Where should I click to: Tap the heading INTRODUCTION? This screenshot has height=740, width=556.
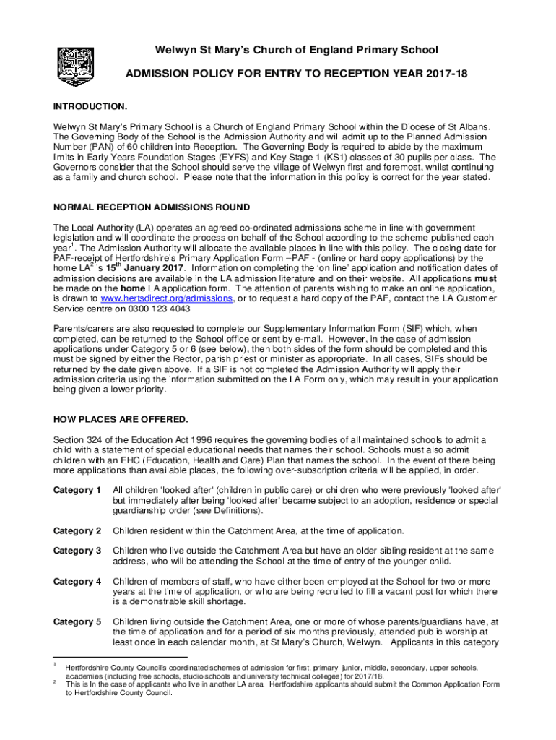point(90,106)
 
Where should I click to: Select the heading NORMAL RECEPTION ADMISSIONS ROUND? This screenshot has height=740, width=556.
point(152,208)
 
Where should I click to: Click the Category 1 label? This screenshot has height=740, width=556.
point(77,491)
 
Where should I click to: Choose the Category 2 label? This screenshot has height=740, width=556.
point(77,531)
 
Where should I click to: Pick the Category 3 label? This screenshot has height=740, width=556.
point(77,551)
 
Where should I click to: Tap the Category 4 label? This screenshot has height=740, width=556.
point(77,582)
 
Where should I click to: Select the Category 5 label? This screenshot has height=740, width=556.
point(77,621)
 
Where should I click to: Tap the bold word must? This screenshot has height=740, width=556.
point(485,277)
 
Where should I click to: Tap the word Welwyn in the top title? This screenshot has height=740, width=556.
point(178,50)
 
